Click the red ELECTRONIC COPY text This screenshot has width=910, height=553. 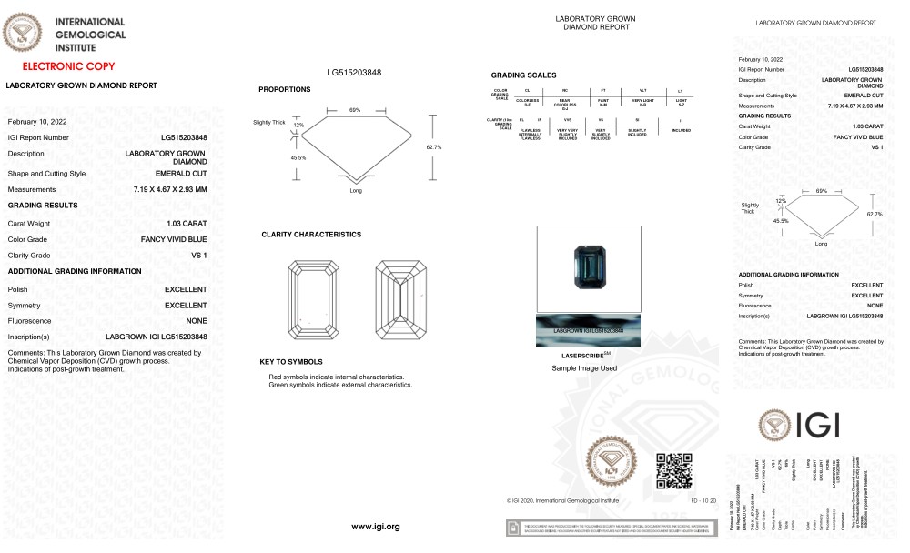pyautogui.click(x=68, y=66)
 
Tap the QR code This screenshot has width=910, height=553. pyautogui.click(x=673, y=469)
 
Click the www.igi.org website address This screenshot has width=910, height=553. pyautogui.click(x=376, y=527)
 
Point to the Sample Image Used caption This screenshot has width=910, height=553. pyautogui.click(x=584, y=368)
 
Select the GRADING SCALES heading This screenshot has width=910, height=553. pyautogui.click(x=523, y=75)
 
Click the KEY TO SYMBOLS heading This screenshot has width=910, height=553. pyautogui.click(x=291, y=362)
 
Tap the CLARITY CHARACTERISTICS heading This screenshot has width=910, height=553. pyautogui.click(x=311, y=235)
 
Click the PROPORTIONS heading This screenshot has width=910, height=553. pyautogui.click(x=284, y=89)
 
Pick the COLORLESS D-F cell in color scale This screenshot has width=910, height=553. pyautogui.click(x=528, y=102)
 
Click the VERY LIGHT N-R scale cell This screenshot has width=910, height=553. pyautogui.click(x=642, y=102)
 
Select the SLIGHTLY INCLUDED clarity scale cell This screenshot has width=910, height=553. pyautogui.click(x=642, y=132)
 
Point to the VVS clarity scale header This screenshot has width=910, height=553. pyautogui.click(x=568, y=119)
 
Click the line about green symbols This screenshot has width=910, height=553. pyautogui.click(x=340, y=385)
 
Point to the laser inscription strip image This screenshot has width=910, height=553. pyautogui.click(x=588, y=330)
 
